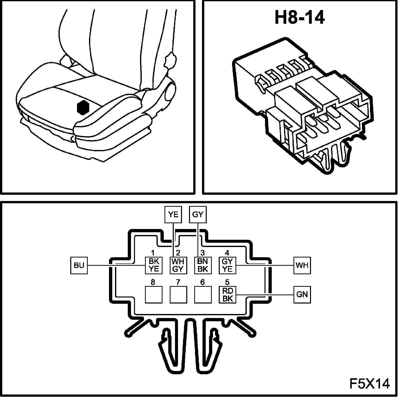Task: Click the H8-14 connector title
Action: click(299, 18)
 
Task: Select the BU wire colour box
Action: click(79, 265)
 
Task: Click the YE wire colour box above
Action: click(173, 214)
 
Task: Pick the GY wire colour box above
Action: click(198, 214)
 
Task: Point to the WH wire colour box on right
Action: click(302, 265)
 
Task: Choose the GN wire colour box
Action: click(302, 294)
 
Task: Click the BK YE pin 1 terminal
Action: click(154, 265)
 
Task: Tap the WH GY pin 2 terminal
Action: click(178, 265)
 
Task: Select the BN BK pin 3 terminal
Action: click(202, 265)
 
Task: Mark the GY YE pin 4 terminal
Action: click(227, 265)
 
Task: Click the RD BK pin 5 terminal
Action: click(227, 294)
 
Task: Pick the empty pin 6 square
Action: click(202, 294)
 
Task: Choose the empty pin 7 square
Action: click(178, 294)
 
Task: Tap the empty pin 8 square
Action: click(154, 294)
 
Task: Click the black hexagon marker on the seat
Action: click(84, 108)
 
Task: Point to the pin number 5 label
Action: click(227, 282)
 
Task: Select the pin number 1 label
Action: click(153, 253)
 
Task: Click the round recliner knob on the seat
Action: click(171, 92)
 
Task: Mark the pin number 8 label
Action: click(153, 282)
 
